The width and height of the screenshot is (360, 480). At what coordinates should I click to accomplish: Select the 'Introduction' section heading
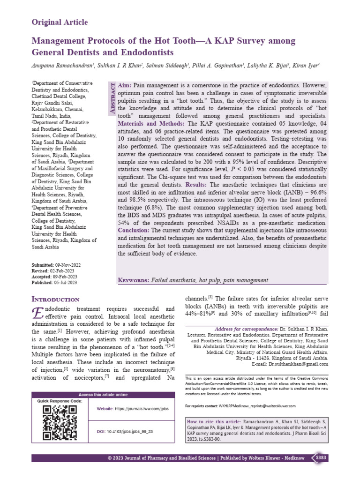(x=55, y=299)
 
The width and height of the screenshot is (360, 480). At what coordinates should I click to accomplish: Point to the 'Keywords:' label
(x=133, y=280)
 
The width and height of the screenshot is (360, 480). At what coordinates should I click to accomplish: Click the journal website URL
(x=142, y=409)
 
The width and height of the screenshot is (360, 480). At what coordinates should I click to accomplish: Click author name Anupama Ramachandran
(x=61, y=67)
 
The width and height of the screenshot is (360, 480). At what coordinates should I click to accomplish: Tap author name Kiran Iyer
(x=304, y=67)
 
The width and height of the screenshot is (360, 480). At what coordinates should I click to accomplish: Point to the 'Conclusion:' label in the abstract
(x=133, y=231)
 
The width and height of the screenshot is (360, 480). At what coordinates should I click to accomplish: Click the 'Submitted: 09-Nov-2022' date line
(x=54, y=265)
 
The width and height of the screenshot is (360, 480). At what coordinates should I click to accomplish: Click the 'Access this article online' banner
(x=103, y=395)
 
